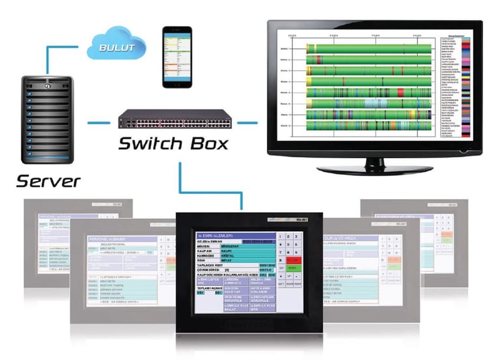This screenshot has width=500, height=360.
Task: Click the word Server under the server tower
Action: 48,180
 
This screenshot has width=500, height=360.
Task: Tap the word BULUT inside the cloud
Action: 117,48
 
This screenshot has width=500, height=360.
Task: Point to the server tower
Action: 45,120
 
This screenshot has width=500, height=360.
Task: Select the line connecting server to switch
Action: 98,121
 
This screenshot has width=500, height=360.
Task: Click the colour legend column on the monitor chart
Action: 464,85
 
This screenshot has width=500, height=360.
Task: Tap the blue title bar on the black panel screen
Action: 234,235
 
